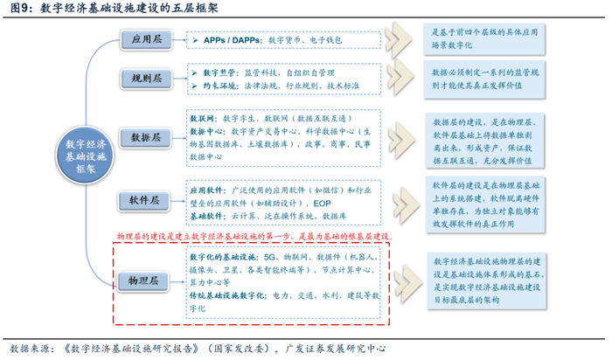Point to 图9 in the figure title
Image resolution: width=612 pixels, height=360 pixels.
pyautogui.click(x=18, y=9)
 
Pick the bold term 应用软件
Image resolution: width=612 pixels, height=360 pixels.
pyautogui.click(x=208, y=190)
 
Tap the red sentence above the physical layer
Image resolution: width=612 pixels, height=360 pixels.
pyautogui.click(x=254, y=237)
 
